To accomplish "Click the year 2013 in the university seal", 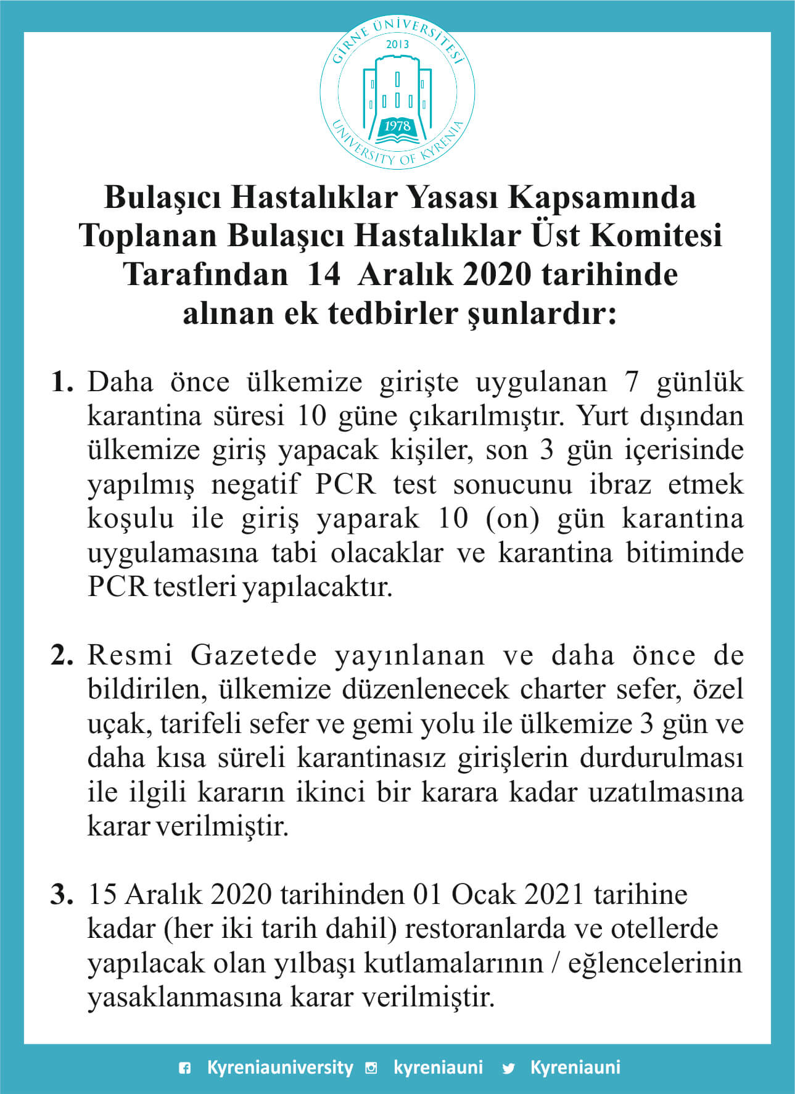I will coord(397,44).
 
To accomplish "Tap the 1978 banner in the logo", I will coord(397,126).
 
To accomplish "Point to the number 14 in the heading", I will coord(323,275).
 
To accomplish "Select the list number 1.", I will coord(62,382).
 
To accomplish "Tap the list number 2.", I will coord(62,655).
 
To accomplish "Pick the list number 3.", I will coord(62,895).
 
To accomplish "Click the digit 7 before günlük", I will coord(631,382).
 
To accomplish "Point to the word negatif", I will coord(255,484).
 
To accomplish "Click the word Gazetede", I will coord(253,655).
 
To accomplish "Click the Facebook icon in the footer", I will coord(184,1069).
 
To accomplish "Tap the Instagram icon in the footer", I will coord(371,1069).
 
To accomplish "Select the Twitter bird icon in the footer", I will coord(508,1069).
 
